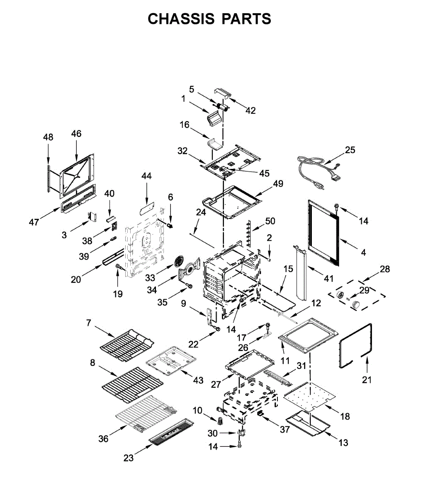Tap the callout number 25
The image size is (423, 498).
(350, 150)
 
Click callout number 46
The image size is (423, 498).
(76, 134)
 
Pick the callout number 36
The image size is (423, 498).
(103, 438)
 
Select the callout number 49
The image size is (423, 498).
(278, 183)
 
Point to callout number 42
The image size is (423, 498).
(250, 110)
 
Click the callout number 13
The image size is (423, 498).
(343, 443)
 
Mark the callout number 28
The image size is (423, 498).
(385, 269)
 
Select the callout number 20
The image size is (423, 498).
(76, 279)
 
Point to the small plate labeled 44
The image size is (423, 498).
(146, 207)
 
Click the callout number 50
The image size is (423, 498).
(270, 221)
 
